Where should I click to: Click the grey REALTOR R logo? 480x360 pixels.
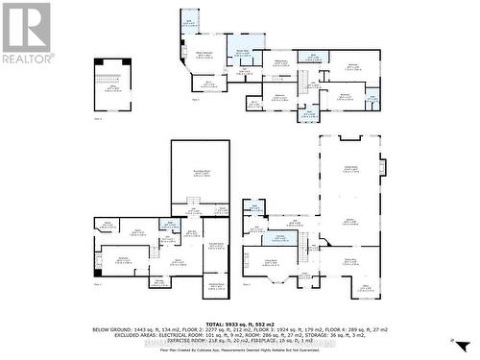pos(26,27)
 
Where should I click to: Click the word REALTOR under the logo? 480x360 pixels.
pos(26,59)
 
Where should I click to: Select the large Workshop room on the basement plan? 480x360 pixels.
pos(200,172)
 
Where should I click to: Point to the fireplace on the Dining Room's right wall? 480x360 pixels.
pos(382,169)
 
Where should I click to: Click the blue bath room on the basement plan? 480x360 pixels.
pos(174,223)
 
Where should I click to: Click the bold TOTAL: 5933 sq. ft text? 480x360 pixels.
pos(240,323)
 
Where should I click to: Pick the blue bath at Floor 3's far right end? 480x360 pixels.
pos(372,98)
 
